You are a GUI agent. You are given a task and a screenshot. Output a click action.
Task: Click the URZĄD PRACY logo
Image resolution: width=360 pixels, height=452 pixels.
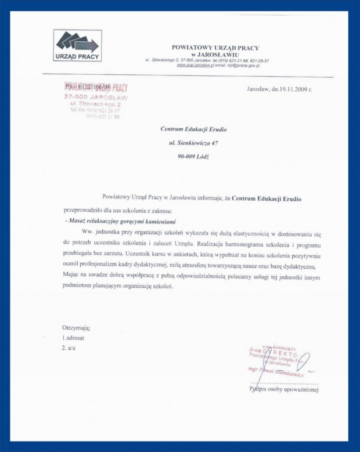coord(78,46)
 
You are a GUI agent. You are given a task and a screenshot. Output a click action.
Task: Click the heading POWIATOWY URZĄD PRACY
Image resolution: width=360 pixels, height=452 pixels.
coord(215,48)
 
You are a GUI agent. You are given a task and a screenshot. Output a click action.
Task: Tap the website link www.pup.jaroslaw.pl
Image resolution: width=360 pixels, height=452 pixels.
coord(195,66)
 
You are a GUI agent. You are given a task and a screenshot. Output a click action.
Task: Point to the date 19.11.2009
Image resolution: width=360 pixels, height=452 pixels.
coord(289,90)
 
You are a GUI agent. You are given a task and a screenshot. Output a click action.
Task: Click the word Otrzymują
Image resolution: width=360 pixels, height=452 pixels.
coord(76,328)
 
